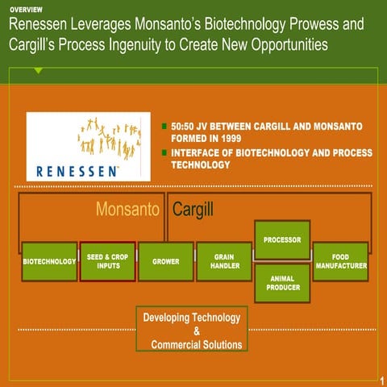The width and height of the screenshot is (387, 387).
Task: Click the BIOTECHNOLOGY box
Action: click(x=49, y=261)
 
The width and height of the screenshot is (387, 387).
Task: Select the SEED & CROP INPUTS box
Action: click(x=108, y=261)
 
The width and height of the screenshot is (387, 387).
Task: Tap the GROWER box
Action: click(x=165, y=261)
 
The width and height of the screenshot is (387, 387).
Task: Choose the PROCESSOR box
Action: click(x=282, y=239)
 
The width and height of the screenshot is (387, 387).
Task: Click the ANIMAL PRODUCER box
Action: click(x=282, y=283)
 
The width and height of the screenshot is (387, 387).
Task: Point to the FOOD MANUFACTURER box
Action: click(x=341, y=261)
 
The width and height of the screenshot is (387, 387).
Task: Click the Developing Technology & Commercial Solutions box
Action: click(x=192, y=331)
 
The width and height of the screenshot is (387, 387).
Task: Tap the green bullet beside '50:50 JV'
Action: click(x=164, y=127)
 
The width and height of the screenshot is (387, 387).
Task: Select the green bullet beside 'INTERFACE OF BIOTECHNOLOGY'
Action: click(x=164, y=152)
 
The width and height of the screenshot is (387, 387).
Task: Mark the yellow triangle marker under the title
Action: click(x=38, y=71)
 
